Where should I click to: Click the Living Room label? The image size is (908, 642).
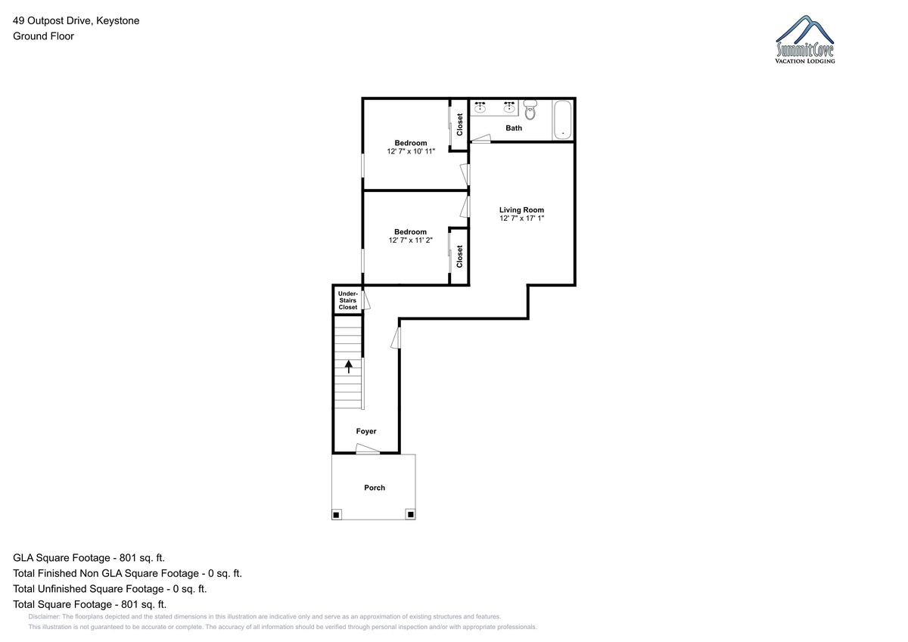click(x=521, y=209)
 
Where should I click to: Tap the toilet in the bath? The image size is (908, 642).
click(x=530, y=110)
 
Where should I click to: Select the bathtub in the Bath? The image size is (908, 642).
click(x=563, y=120)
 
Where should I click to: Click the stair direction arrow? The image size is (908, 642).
click(x=349, y=367)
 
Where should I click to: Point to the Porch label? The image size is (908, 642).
click(x=374, y=488)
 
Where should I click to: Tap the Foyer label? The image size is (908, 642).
click(x=366, y=431)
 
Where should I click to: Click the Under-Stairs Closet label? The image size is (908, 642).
click(x=348, y=300)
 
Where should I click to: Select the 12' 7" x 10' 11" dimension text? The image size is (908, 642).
click(x=411, y=151)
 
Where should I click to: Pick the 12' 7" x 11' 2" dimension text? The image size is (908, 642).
click(x=410, y=240)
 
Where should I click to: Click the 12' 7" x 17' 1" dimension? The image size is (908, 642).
click(x=521, y=219)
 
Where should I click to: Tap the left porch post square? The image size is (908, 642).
click(x=336, y=515)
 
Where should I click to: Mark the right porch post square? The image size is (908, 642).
click(x=410, y=514)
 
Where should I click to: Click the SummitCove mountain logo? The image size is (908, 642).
click(x=804, y=39)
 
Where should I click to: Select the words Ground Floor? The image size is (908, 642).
click(x=43, y=36)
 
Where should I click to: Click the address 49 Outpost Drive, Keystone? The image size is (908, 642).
click(x=76, y=20)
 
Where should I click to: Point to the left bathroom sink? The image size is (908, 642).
click(x=480, y=107)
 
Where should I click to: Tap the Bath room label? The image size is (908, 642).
click(x=514, y=128)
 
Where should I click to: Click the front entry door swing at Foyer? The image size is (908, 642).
click(x=368, y=448)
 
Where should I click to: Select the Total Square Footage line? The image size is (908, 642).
click(x=89, y=604)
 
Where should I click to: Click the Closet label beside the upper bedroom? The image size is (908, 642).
click(x=460, y=124)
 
